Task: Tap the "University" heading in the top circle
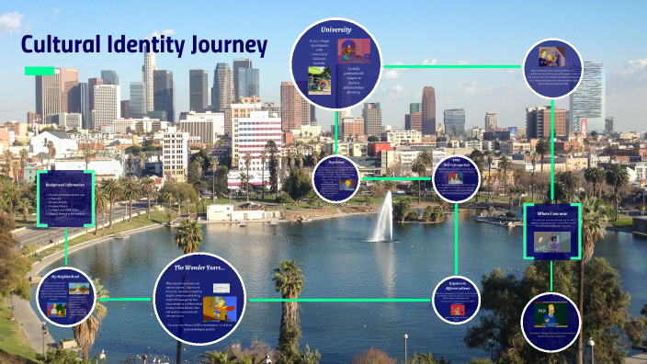[335, 30]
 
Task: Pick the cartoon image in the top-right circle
[553, 56]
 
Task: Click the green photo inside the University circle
[320, 79]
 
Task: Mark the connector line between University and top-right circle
[450, 66]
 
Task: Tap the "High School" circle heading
[335, 162]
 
